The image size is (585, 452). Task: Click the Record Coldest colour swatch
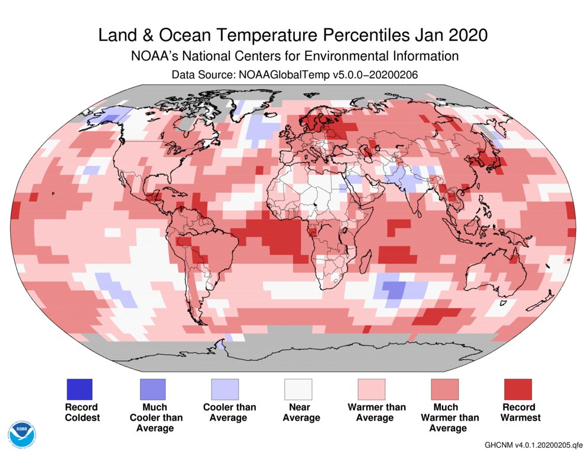(79, 389)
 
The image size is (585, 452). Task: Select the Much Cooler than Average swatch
(152, 389)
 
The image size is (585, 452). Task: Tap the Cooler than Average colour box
(225, 389)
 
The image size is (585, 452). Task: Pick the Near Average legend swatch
(298, 389)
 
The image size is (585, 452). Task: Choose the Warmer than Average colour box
(372, 389)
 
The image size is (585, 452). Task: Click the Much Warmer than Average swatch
(445, 389)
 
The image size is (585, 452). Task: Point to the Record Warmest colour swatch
(518, 389)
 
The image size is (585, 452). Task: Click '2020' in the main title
(469, 35)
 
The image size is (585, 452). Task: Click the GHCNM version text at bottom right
(533, 444)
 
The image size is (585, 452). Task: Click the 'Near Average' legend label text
(301, 412)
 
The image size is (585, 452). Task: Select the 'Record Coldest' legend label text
(82, 412)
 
